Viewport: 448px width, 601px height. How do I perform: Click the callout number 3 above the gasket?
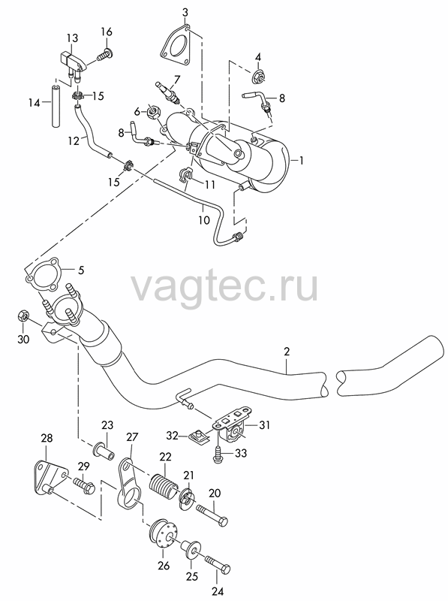pos(185,13)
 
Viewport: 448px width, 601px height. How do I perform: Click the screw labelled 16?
pos(104,55)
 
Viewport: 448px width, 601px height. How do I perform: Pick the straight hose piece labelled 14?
pos(56,107)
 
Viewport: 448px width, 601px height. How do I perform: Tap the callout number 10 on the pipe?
pos(204,220)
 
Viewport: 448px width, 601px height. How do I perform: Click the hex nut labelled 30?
pos(23,316)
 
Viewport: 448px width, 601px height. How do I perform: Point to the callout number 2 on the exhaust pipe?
pos(287,352)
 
